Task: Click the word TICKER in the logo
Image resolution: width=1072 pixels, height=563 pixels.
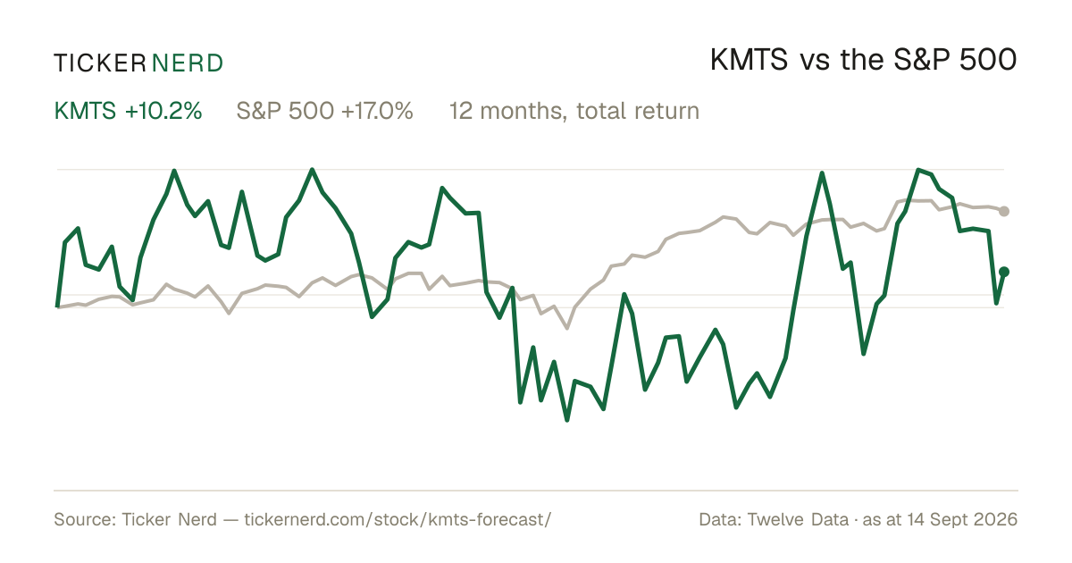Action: [100, 63]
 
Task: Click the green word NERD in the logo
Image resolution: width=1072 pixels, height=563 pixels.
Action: [187, 63]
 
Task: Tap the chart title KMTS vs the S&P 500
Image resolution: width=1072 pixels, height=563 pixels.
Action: [863, 61]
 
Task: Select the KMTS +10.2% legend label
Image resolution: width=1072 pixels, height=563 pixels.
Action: [129, 111]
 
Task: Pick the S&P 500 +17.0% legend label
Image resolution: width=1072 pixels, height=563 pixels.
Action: [324, 111]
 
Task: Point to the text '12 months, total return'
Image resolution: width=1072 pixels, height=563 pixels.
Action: [574, 111]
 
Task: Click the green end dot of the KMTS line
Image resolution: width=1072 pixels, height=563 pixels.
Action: [1004, 272]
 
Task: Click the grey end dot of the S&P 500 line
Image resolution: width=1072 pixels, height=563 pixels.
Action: [1004, 211]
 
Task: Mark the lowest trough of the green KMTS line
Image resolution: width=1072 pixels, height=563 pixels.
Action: [567, 420]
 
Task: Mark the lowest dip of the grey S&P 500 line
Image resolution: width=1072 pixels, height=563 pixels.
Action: [567, 328]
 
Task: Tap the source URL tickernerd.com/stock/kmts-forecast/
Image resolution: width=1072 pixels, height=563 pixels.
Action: [398, 519]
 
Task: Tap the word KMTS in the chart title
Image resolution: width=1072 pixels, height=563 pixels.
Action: [749, 61]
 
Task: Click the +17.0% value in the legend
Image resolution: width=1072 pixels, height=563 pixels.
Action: [377, 111]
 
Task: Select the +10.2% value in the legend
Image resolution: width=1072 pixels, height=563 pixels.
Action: [163, 111]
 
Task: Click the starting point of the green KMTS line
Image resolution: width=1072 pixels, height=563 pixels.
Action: [57, 307]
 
